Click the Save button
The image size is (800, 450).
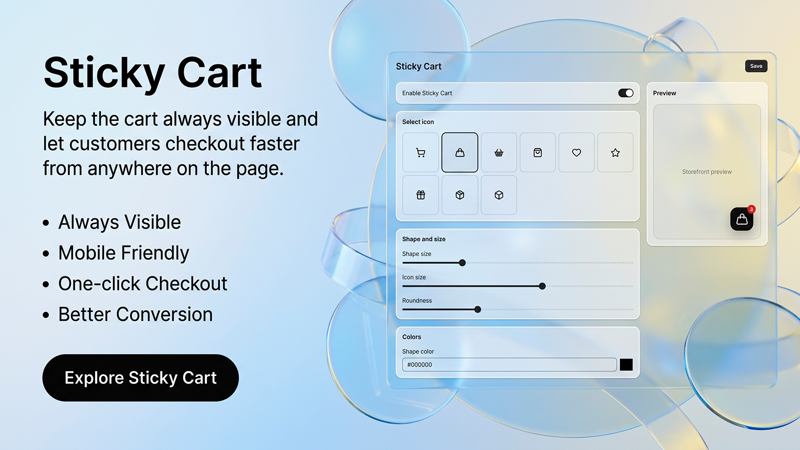click(x=756, y=66)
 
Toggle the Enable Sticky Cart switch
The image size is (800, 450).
click(x=625, y=93)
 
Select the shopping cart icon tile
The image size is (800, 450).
click(x=420, y=152)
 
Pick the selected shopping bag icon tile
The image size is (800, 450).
click(x=459, y=152)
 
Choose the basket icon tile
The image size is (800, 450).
click(x=498, y=152)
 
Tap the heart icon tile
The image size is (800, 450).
click(x=576, y=152)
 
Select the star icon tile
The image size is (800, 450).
click(x=615, y=152)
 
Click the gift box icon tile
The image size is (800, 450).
click(x=420, y=195)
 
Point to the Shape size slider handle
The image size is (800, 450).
click(x=462, y=263)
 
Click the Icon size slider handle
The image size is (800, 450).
click(x=542, y=286)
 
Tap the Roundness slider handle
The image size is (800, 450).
click(x=477, y=309)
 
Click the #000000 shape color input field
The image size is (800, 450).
click(x=509, y=364)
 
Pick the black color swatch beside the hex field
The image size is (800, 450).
click(x=626, y=364)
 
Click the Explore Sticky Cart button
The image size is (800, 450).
click(x=140, y=378)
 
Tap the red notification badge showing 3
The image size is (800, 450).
click(x=751, y=209)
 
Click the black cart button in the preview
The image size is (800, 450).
click(x=741, y=219)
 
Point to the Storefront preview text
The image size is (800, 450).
click(x=707, y=172)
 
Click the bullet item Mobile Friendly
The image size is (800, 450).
click(x=123, y=253)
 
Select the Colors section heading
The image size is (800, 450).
click(x=411, y=337)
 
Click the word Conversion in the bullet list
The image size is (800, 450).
click(x=164, y=314)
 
